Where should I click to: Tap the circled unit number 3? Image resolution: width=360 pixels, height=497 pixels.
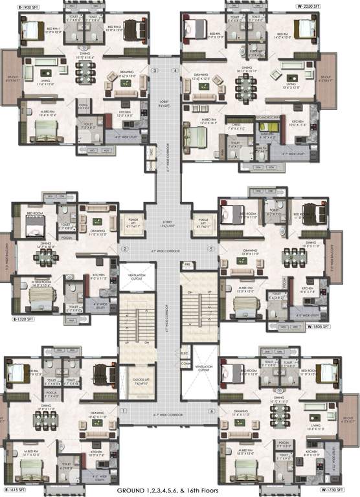155,70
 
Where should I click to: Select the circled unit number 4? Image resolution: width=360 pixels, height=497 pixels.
175,70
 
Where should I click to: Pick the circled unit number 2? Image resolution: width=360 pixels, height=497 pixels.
126,248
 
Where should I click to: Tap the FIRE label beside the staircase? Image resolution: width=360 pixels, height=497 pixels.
186,265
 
